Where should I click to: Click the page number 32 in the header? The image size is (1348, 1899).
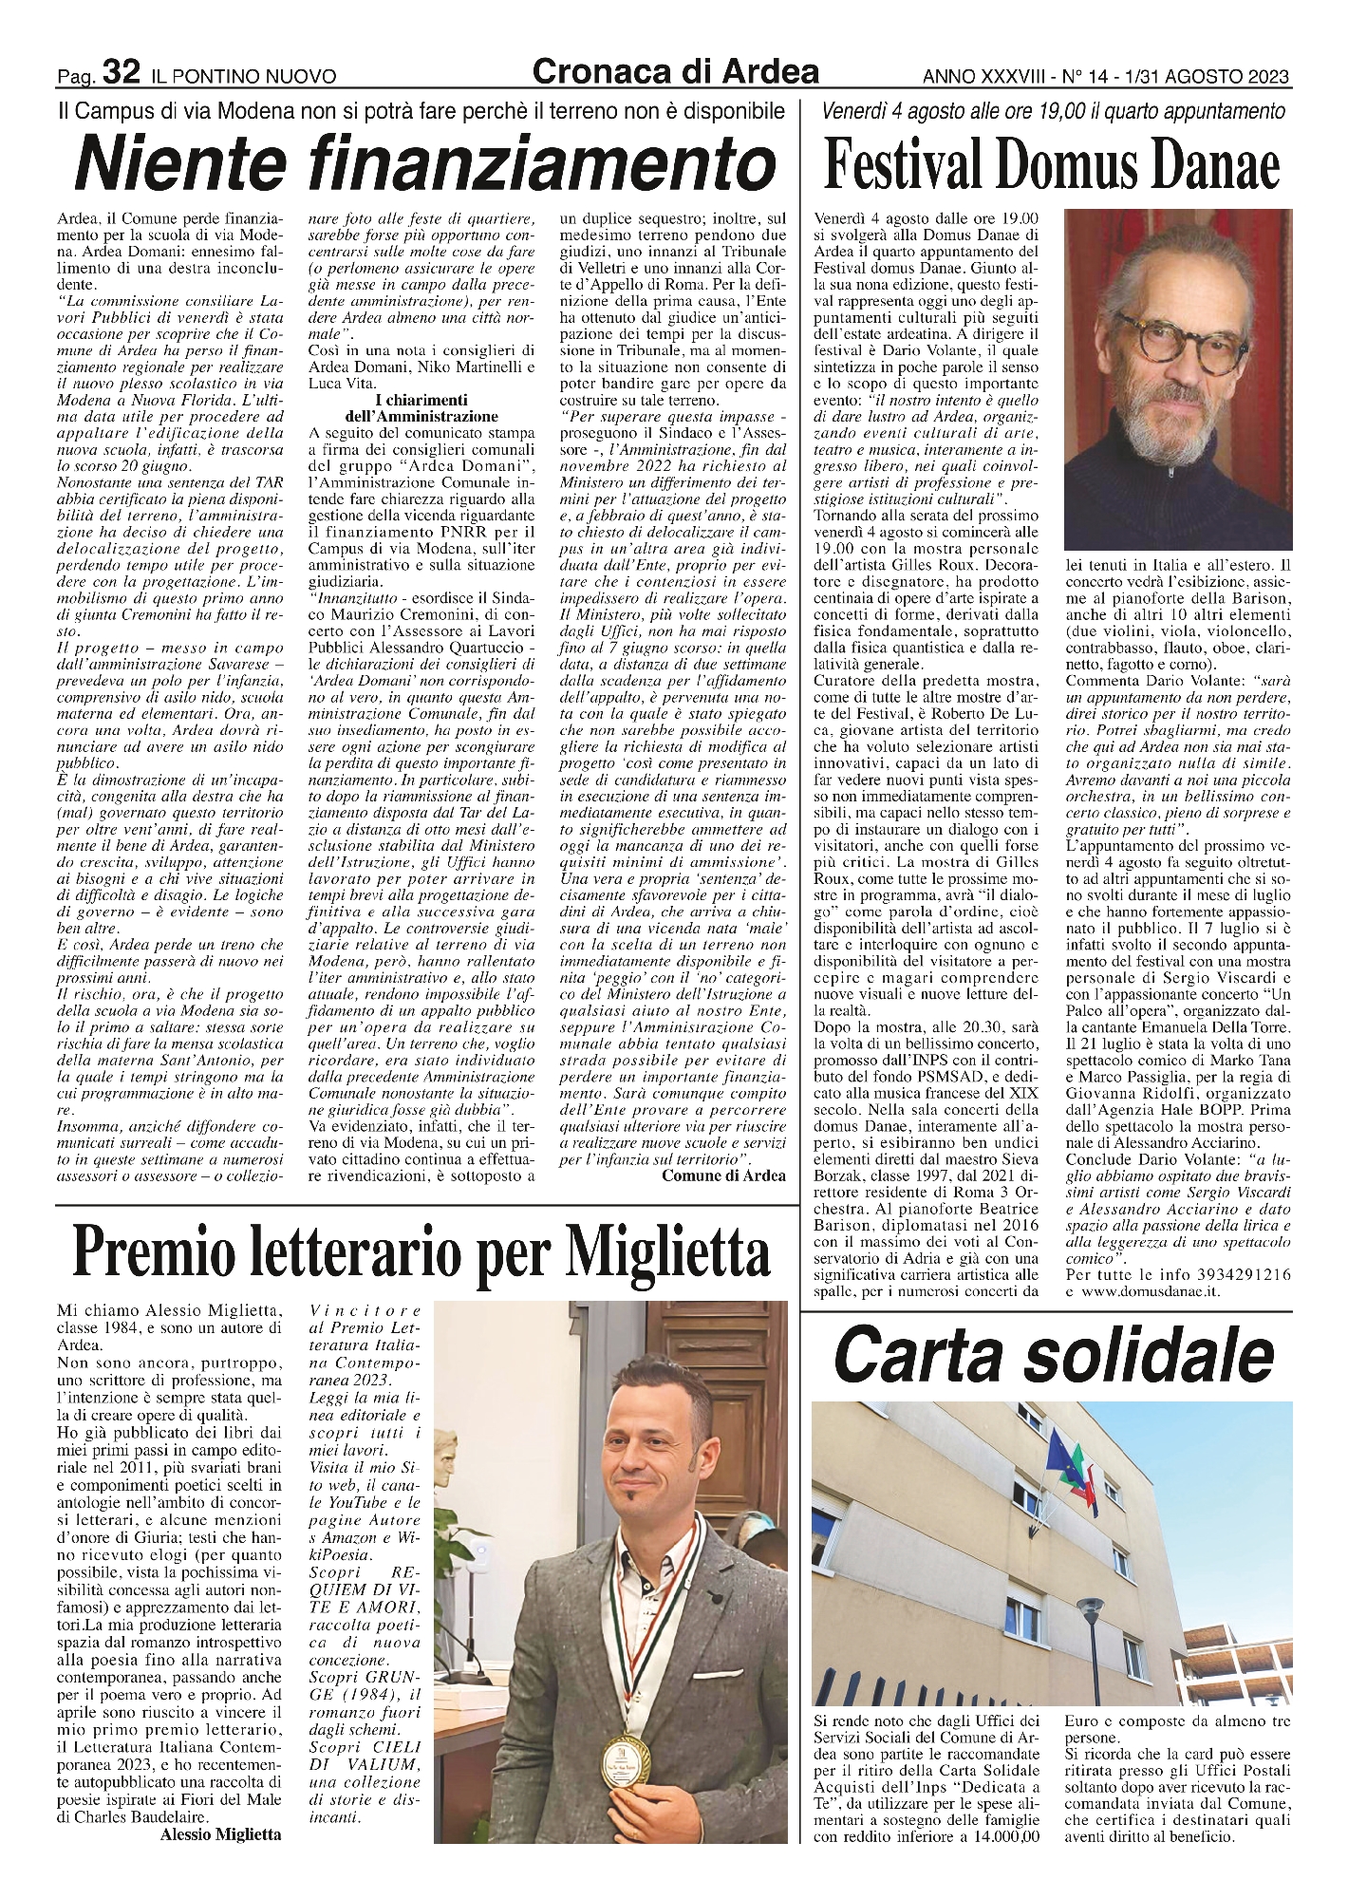click(x=122, y=71)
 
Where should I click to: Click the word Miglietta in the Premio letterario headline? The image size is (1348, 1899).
click(x=669, y=1250)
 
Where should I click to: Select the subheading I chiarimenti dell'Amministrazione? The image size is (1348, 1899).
click(x=422, y=407)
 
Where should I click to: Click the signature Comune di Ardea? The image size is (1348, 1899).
click(x=723, y=1175)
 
